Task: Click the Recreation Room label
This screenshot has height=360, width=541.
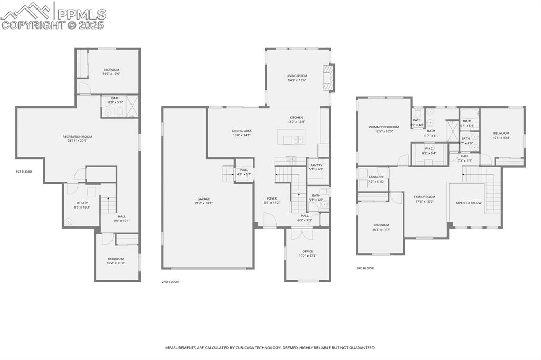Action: [x=78, y=137]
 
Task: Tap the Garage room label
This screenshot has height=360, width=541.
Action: [x=204, y=199]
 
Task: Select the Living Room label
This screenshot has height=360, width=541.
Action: [x=297, y=76]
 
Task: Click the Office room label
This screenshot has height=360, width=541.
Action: [x=307, y=251]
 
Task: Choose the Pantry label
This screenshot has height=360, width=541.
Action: [x=316, y=165]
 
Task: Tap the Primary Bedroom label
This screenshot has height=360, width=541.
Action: [x=384, y=127]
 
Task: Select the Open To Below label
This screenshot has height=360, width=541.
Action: [x=469, y=202]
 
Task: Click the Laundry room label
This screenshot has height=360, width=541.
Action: [x=376, y=177]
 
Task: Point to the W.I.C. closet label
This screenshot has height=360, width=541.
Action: [x=428, y=148]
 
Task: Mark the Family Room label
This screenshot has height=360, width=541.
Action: [x=424, y=197]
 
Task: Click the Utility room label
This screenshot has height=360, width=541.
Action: [x=82, y=203]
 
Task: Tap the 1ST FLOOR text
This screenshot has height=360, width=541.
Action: [x=24, y=172]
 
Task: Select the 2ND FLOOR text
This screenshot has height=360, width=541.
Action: [x=170, y=282]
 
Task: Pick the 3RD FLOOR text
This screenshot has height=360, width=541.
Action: [x=365, y=268]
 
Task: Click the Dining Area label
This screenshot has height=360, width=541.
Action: [x=241, y=131]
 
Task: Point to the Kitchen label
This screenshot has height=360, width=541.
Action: [x=296, y=117]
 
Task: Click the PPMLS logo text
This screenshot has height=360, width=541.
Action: [x=81, y=14]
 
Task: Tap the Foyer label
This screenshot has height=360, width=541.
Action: [x=272, y=198]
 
